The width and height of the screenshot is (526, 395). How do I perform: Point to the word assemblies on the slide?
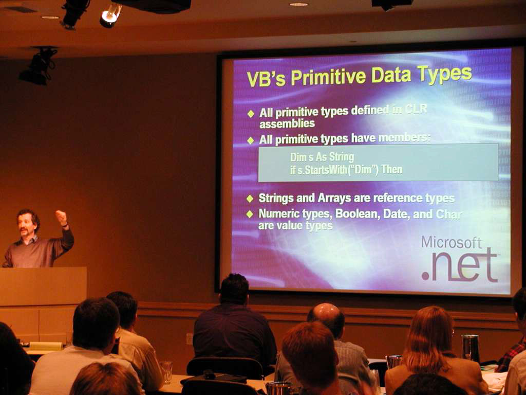pos(287,123)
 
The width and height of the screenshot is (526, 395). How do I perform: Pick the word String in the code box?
pos(342,157)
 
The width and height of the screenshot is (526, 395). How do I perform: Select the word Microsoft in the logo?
pos(452,242)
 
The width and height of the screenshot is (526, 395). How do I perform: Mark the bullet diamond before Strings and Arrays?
pos(250,199)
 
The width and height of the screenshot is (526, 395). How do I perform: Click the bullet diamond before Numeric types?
pos(250,214)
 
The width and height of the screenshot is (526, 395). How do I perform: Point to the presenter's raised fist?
pos(61,217)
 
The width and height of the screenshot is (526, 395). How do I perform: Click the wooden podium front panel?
pos(43,286)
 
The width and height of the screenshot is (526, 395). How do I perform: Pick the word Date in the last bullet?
pos(397,214)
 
